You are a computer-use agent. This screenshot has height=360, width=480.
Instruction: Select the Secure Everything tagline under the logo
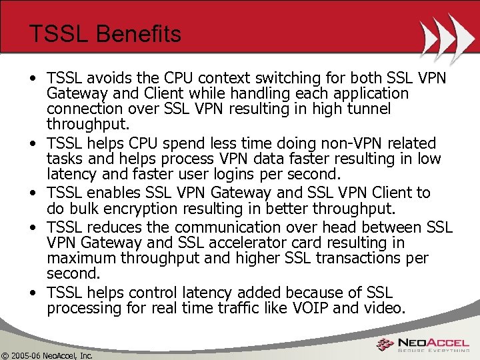click(435, 351)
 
